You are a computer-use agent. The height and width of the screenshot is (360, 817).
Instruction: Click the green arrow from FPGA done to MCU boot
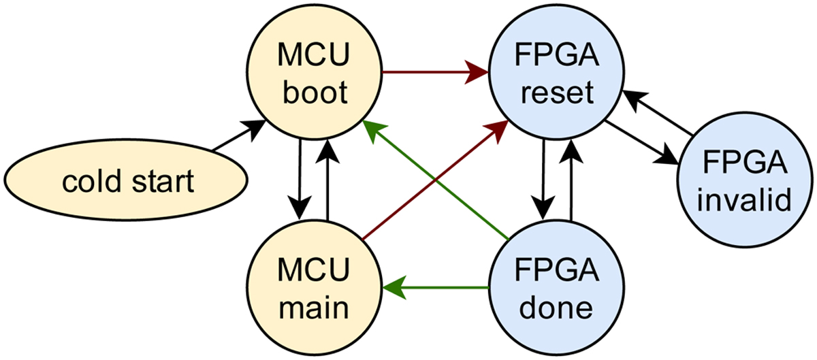436,180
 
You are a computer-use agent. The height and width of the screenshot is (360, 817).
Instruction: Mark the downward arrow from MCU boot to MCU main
299,180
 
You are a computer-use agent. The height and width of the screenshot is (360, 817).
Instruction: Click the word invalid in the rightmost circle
747,201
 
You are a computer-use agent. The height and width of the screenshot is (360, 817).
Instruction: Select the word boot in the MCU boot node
313,94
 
